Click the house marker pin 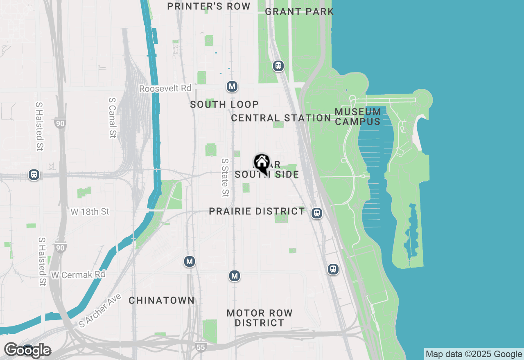point(262,162)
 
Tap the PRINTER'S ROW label point(209,6)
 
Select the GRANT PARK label point(299,11)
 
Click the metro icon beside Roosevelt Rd point(232,87)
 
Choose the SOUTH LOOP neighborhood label point(224,104)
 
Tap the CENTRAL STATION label point(281,118)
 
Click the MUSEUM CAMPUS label point(358,117)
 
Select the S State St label point(225,178)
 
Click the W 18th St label point(90,211)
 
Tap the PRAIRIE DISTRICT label point(257,211)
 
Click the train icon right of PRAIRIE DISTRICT point(316,213)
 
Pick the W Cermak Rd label point(78,274)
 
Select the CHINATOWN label point(162,300)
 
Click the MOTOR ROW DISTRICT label point(260,318)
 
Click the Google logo point(28,350)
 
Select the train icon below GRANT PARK point(278,66)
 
